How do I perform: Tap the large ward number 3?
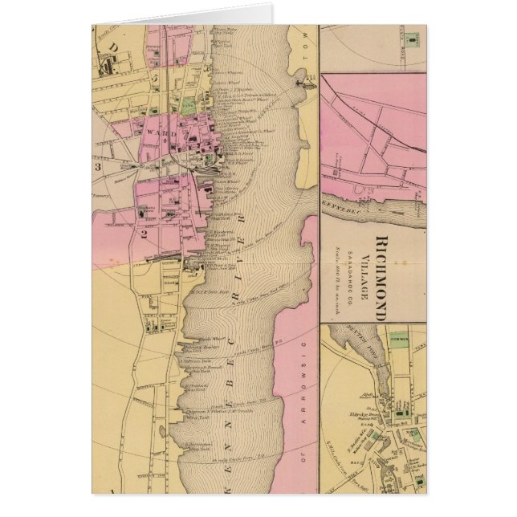click(x=98, y=167)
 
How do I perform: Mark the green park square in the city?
click(x=186, y=104)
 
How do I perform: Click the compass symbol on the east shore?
click(x=307, y=80)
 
